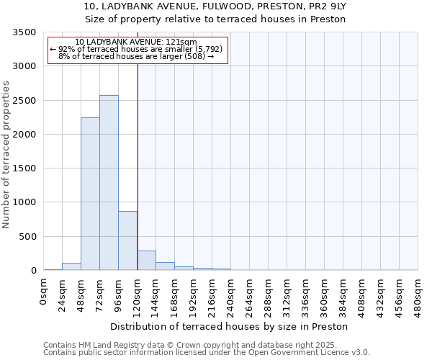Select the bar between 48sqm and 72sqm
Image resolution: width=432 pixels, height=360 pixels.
(90, 194)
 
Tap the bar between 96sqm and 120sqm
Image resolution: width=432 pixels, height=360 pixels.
(127, 240)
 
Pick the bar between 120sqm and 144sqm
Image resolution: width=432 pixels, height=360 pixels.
(146, 261)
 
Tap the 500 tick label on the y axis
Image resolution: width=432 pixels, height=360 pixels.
(29, 237)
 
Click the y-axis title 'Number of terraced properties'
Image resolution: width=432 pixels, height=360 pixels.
(6, 154)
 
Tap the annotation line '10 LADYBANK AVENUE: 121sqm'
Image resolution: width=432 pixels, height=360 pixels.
(136, 42)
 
